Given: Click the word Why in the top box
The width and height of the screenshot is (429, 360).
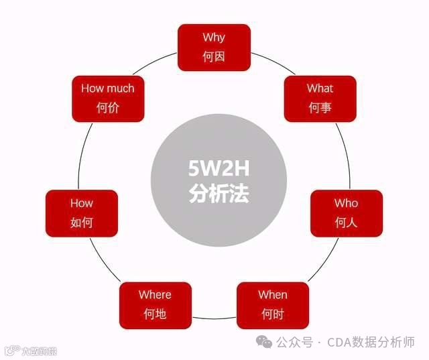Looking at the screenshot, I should tap(214, 38).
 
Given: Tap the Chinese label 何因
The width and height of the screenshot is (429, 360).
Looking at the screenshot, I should tap(214, 56).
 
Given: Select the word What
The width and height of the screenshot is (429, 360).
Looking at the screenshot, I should tap(320, 88).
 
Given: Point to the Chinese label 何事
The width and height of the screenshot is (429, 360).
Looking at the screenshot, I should tap(320, 107).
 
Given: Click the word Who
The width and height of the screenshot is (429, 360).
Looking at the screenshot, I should tap(346, 203).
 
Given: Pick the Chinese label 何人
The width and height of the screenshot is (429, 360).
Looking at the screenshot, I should tap(346, 222).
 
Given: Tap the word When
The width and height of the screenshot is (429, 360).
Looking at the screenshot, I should tap(273, 294).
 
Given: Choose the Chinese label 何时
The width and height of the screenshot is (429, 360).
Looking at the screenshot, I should tap(273, 313).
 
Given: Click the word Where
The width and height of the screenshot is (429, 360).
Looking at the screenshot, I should tap(155, 294).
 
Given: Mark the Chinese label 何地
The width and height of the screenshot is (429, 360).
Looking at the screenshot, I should tap(155, 313).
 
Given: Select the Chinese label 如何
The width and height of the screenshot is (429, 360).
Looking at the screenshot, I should tap(81, 222).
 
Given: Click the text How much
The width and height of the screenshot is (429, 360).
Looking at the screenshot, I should tap(107, 88).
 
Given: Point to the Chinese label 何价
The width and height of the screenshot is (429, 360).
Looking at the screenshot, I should tap(107, 107).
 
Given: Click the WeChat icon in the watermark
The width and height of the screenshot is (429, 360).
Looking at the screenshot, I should tap(267, 343).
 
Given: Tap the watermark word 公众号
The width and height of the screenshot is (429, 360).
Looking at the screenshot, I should tap(296, 343).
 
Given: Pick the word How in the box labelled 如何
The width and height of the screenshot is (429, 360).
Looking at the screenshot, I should tap(81, 203).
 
